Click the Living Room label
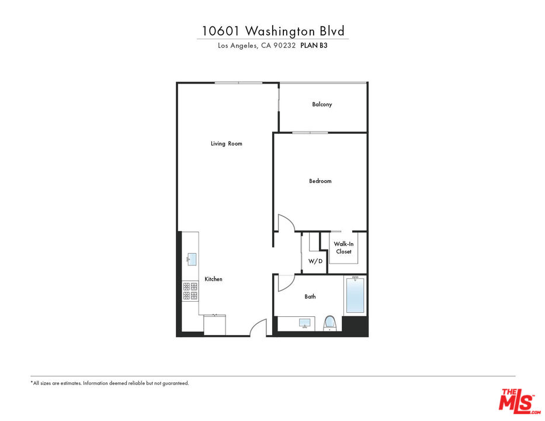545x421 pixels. click(226, 144)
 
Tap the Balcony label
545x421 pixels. click(322, 105)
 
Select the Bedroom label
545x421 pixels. click(320, 181)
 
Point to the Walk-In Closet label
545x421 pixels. click(343, 248)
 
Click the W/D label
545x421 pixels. click(315, 261)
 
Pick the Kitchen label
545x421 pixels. click(213, 279)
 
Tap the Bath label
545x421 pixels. click(310, 297)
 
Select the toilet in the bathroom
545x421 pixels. click(329, 323)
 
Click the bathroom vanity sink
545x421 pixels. click(304, 323)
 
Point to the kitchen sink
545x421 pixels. click(192, 259)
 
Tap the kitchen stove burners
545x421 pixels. click(190, 291)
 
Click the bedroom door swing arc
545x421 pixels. click(286, 223)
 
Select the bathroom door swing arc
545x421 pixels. click(284, 282)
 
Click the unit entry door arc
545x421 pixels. click(259, 327)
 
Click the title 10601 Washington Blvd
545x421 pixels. click(272, 30)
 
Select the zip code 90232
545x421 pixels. click(286, 46)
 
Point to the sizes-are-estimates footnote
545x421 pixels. click(110, 383)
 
